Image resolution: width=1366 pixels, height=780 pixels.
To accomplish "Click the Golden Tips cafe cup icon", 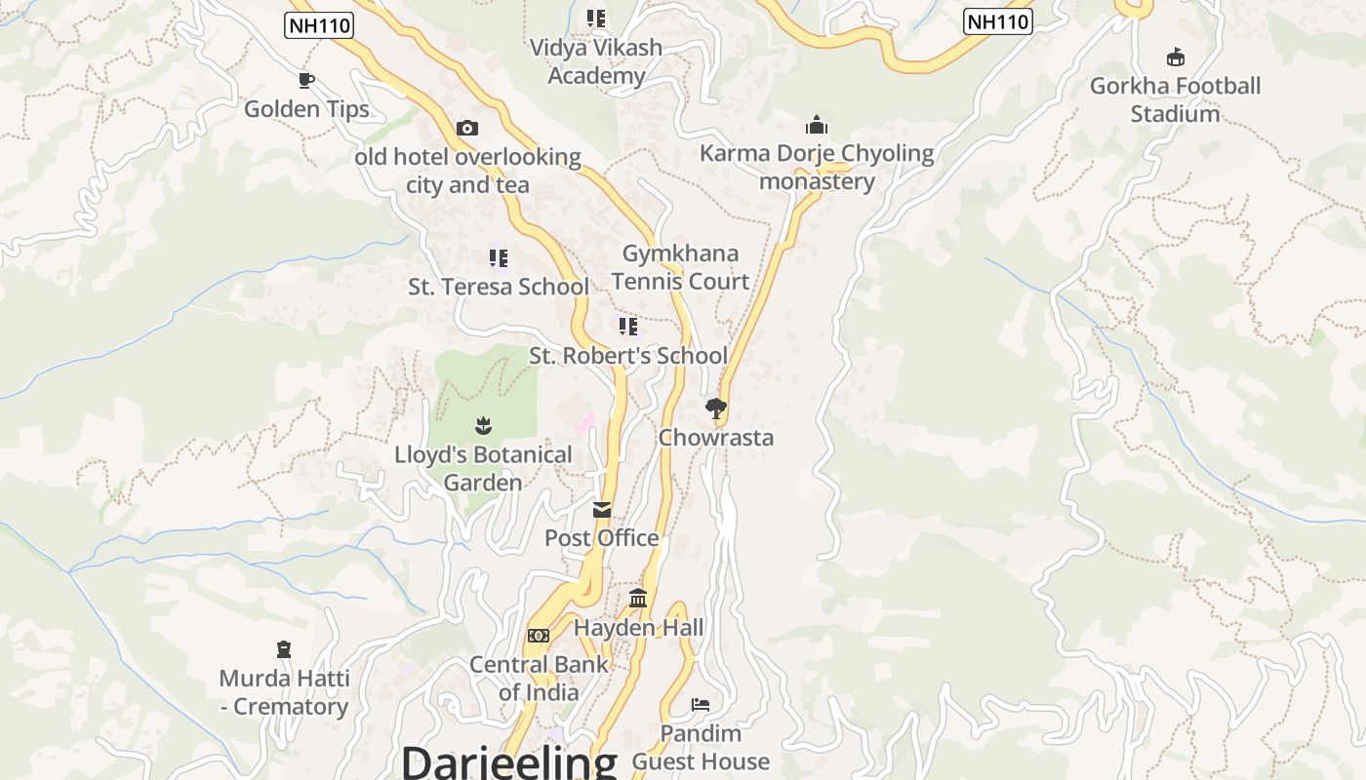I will [306, 80].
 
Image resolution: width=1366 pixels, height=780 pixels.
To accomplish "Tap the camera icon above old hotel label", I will [467, 128].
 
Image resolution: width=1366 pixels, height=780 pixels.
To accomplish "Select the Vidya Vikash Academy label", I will [595, 61].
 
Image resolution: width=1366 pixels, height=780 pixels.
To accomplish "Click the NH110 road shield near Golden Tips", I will [319, 25].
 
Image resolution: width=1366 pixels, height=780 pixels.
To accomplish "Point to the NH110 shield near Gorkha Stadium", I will [997, 21].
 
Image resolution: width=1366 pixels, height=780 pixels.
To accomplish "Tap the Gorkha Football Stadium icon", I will [1176, 58].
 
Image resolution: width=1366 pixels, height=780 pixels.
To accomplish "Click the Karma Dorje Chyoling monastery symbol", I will [817, 125].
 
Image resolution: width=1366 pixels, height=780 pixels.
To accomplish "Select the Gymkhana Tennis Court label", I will [680, 267].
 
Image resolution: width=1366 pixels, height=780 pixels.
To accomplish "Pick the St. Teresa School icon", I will [499, 258].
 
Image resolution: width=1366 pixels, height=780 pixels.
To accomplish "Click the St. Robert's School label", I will [628, 356].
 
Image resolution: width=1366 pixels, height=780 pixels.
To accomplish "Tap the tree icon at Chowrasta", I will [716, 409].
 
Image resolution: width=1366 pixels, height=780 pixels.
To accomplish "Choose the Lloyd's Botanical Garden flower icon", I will [483, 426].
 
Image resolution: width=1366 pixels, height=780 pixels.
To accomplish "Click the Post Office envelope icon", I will [602, 510].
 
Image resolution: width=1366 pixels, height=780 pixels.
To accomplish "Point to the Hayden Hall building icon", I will [638, 598].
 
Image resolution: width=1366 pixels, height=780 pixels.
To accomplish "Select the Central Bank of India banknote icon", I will [539, 636].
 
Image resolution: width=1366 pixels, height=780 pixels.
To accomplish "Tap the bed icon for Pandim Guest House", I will [701, 705].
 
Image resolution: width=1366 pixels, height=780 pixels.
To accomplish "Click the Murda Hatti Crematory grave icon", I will [284, 649].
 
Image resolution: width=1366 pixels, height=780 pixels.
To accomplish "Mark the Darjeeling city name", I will [509, 761].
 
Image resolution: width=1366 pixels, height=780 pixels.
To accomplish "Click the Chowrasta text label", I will [716, 438].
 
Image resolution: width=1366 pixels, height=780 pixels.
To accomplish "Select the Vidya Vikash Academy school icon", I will [596, 19].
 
